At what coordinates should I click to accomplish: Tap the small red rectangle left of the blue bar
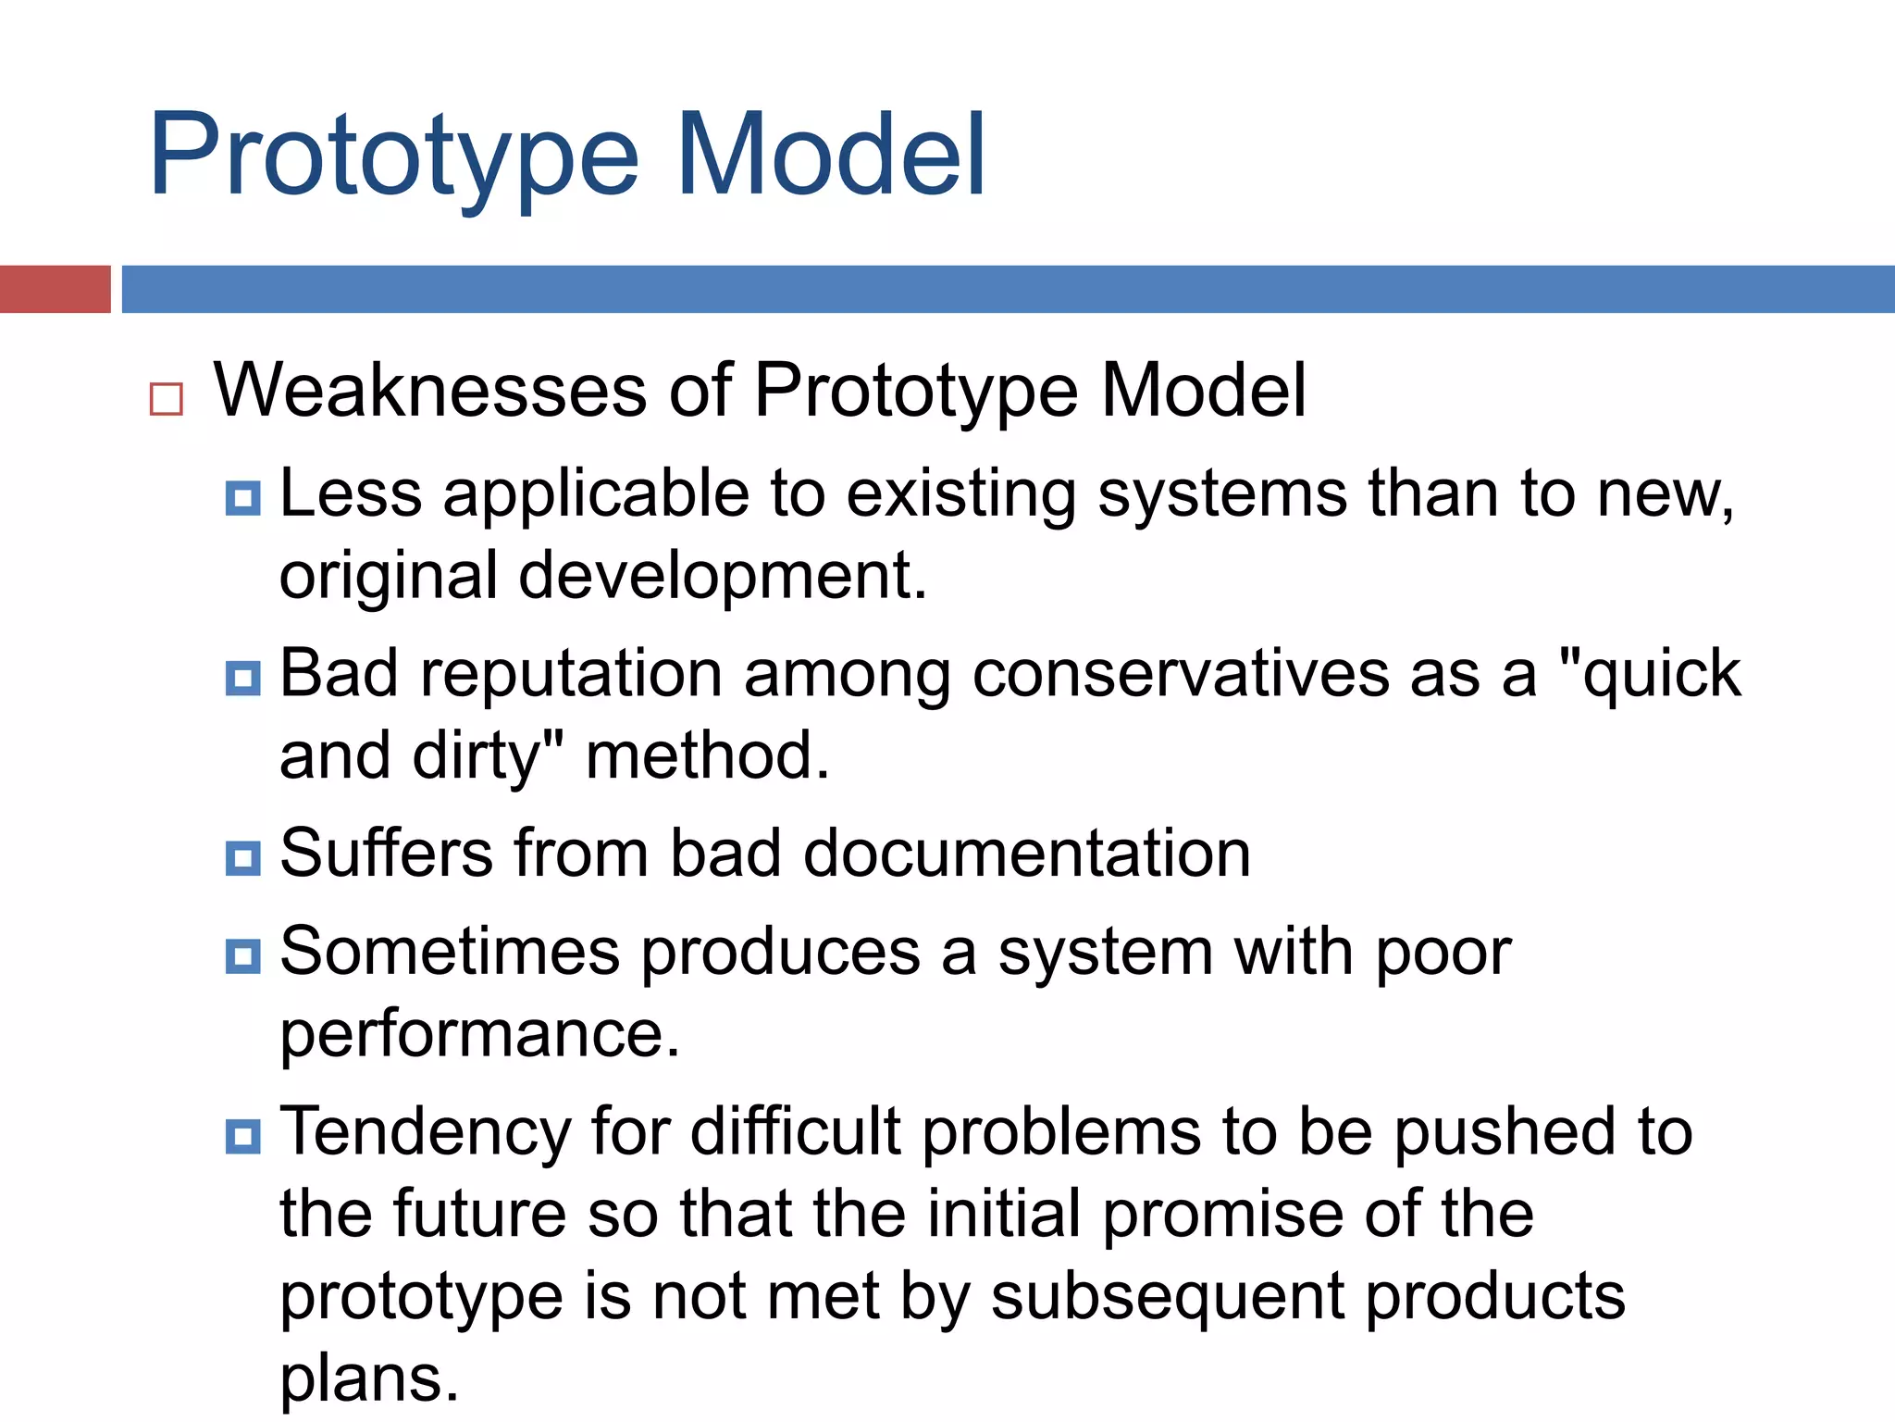point(55,289)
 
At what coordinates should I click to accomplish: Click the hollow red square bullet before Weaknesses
point(167,400)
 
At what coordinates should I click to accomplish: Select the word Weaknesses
point(430,391)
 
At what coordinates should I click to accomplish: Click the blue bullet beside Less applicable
point(242,498)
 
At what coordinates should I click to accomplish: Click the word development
point(722,577)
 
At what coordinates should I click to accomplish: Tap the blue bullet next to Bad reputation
point(242,679)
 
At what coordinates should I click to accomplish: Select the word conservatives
point(1180,674)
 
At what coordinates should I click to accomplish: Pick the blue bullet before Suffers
point(242,858)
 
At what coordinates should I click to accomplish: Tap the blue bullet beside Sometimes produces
point(242,955)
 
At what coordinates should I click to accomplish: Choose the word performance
point(479,1035)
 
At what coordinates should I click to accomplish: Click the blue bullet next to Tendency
point(242,1136)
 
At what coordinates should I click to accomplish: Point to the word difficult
point(795,1131)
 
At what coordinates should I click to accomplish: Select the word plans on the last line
point(368,1379)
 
